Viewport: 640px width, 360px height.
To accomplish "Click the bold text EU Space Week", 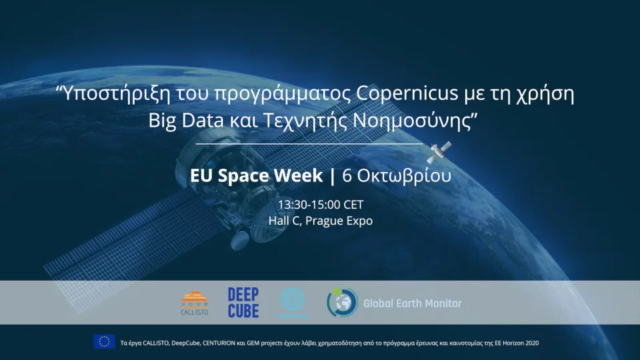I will point(256,176).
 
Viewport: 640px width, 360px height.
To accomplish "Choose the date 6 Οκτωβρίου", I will point(396,176).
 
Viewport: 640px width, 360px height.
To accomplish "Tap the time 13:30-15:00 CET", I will point(320,205).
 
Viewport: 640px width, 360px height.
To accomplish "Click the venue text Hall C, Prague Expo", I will point(320,220).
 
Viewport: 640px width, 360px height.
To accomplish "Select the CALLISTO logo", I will point(195,303).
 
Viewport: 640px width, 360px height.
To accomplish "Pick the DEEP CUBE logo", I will point(243,303).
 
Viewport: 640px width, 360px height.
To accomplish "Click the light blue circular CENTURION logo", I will point(293,302).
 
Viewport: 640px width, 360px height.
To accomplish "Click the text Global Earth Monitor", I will point(412,303).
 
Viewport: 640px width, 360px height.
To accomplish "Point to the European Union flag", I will point(104,342).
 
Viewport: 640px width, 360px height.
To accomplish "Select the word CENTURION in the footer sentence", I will point(219,343).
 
